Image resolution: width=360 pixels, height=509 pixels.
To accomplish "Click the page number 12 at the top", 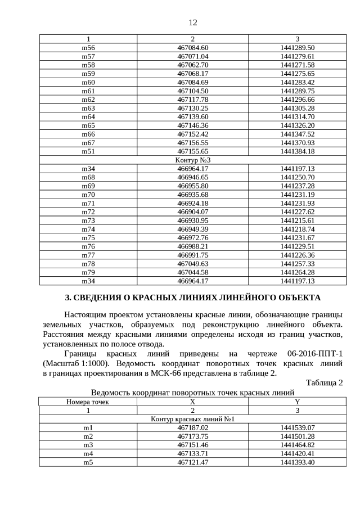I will point(192,22).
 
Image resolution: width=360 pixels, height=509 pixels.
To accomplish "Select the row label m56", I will point(88,48).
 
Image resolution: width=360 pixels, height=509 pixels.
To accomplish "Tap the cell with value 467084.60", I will point(192,48).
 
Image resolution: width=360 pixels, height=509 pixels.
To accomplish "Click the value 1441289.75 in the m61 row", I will point(297,91).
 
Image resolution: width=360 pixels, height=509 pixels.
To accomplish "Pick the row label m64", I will point(88,116).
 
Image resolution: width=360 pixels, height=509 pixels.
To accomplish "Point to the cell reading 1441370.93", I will point(297,143).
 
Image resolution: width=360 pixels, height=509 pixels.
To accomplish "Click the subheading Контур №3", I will point(192,160).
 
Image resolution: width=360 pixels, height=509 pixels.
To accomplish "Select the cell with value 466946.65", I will point(192,177).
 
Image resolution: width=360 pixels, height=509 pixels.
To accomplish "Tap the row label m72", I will point(88,211).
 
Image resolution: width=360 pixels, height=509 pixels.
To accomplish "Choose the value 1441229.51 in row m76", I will point(297,246).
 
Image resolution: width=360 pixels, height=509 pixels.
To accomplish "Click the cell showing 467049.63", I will point(192,264).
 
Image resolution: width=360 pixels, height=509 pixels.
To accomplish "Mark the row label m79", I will point(88,272).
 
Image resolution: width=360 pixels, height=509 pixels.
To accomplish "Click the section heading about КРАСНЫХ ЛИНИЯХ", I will point(192,297).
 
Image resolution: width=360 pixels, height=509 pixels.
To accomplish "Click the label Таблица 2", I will point(324,383).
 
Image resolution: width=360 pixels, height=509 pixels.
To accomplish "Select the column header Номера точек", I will point(88,402).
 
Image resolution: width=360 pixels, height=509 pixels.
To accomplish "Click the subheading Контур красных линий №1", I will point(192,420).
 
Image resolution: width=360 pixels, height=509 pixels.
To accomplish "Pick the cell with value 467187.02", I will point(192,428).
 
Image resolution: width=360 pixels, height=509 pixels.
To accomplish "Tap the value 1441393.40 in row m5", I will point(297,462).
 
